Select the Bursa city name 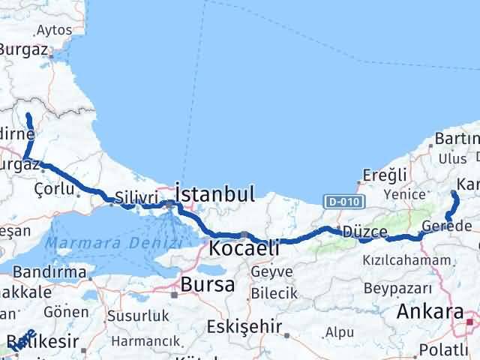(207, 285)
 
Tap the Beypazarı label (397, 288)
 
